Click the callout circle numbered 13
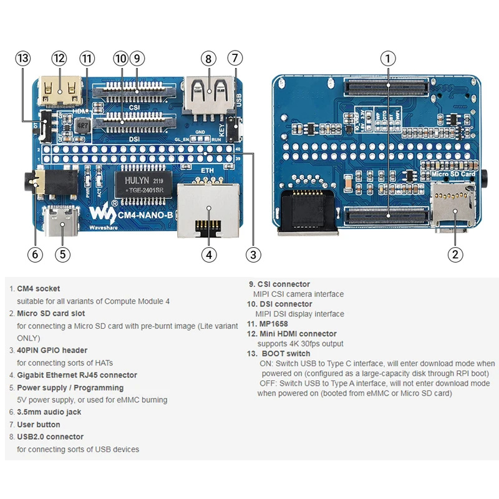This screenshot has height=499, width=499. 23,59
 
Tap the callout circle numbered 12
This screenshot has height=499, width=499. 59,59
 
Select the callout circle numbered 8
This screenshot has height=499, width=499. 208,59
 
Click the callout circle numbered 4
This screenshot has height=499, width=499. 208,254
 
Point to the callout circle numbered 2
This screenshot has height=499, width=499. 455,254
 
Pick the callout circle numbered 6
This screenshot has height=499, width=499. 35,254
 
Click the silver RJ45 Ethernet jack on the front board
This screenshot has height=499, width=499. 208,210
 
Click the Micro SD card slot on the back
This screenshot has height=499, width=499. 453,206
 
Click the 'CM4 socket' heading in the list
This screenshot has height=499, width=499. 39,289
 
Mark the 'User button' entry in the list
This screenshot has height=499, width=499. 39,424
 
